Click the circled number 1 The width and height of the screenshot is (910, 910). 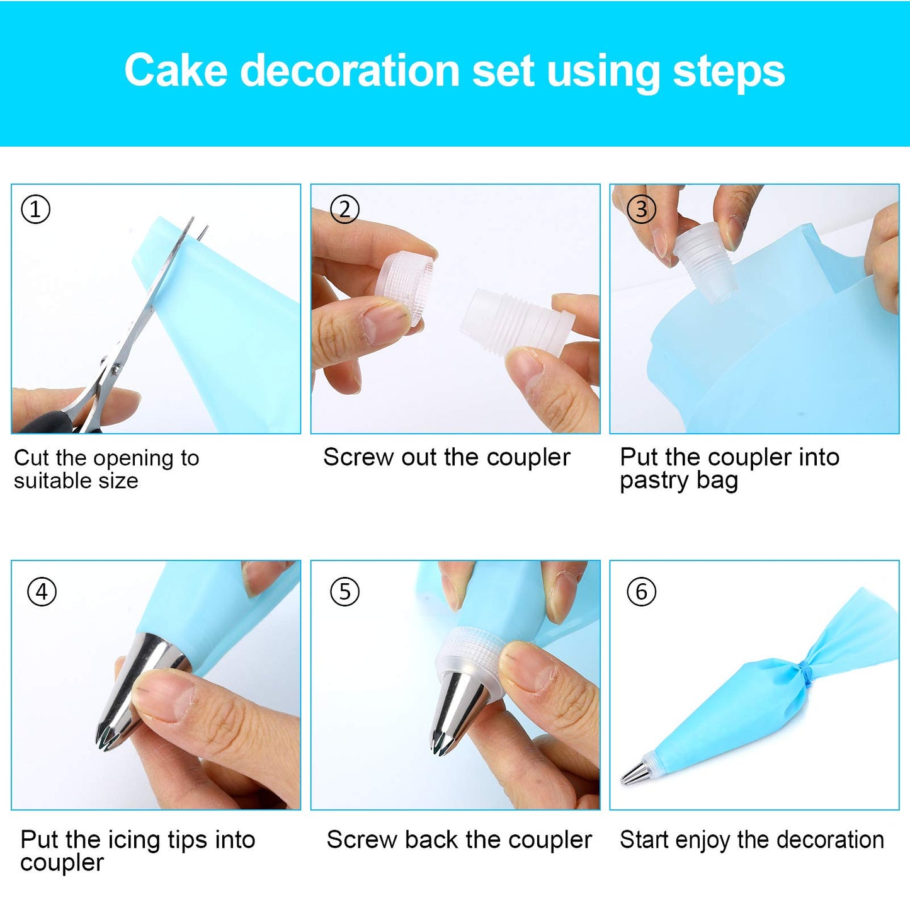click(35, 209)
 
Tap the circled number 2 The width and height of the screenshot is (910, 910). click(344, 209)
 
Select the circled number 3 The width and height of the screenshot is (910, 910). click(641, 209)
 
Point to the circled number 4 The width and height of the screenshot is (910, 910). click(42, 592)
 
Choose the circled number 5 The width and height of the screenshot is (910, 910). click(344, 592)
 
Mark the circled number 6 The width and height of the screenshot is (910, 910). click(641, 592)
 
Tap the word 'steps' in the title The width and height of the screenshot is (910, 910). click(729, 71)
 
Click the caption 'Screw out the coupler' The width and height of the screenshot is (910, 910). click(446, 458)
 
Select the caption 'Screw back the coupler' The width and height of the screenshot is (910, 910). click(459, 840)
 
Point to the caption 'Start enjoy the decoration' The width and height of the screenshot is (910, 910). click(752, 840)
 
